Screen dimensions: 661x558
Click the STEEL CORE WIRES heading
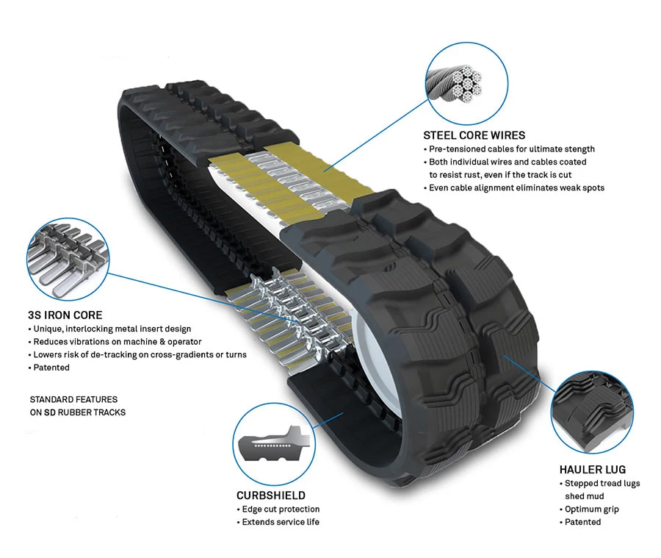tap(474, 135)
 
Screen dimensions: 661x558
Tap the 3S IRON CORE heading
tap(65, 315)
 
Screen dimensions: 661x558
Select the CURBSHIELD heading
tap(270, 496)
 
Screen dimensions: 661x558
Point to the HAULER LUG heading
tap(591, 470)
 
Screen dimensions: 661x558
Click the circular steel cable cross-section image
tap(466, 82)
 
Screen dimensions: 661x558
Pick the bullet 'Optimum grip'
tap(591, 509)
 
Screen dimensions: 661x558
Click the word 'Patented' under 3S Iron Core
tap(51, 368)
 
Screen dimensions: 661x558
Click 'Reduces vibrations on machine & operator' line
tap(118, 342)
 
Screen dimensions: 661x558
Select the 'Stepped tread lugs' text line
tap(602, 483)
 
